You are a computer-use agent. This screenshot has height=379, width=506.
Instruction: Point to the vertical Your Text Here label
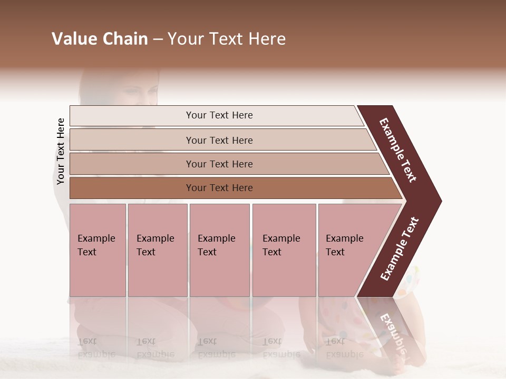[61, 151]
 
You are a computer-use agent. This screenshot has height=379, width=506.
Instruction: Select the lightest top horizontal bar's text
[219, 115]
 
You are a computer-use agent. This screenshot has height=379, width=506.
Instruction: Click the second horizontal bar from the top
[219, 140]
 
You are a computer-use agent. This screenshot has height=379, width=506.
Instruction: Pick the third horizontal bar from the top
[219, 164]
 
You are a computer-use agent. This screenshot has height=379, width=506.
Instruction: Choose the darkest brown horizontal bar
[219, 188]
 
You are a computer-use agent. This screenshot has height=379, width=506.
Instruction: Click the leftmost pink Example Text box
[98, 250]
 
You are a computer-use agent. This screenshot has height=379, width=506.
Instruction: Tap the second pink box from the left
[157, 250]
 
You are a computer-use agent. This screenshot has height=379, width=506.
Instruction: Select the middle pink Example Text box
[219, 250]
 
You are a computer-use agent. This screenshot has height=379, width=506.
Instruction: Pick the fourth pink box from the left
[284, 250]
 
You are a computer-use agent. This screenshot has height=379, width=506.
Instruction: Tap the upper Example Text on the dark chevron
[398, 150]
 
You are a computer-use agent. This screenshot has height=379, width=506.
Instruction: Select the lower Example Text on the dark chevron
[399, 249]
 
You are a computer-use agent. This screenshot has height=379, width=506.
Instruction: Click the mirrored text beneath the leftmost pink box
[96, 347]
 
